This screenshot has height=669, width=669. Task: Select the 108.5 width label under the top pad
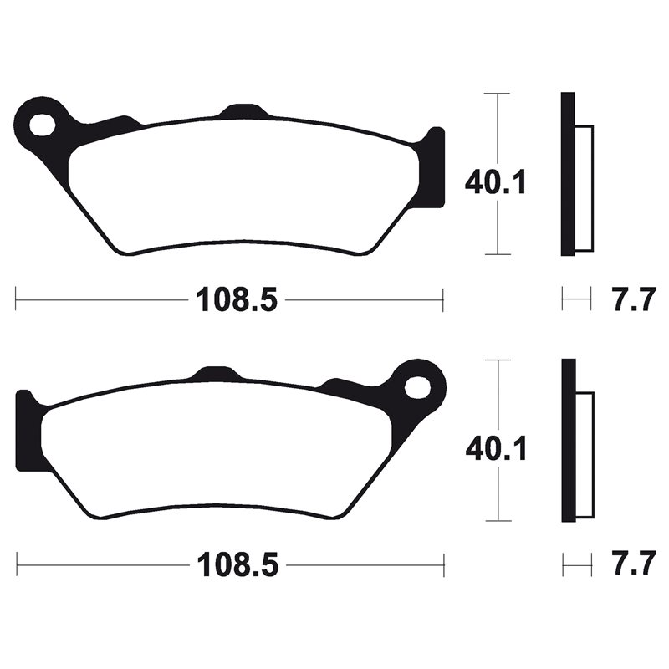[236, 299]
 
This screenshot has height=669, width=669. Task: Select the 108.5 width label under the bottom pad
[236, 566]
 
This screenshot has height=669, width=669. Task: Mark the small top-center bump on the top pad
[243, 111]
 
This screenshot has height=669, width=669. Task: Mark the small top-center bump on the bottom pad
[215, 375]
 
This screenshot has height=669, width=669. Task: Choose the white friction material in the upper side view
[585, 188]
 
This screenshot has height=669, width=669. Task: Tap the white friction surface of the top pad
[243, 184]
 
